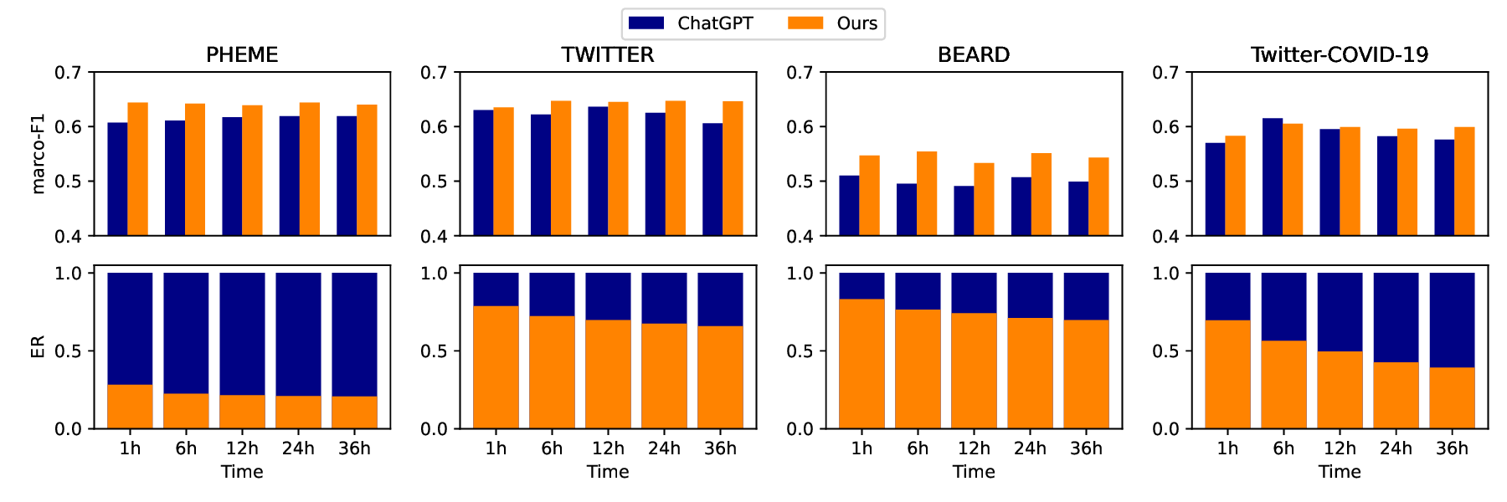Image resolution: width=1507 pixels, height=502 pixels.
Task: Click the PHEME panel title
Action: pyautogui.click(x=242, y=54)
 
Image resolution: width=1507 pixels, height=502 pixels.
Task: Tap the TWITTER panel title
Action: pyautogui.click(x=608, y=54)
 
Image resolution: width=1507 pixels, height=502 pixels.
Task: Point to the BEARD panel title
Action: pyautogui.click(x=974, y=54)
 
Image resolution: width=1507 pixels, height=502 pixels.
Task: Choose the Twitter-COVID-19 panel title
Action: pyautogui.click(x=1340, y=54)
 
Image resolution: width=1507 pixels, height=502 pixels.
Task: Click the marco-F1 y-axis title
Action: pyautogui.click(x=38, y=155)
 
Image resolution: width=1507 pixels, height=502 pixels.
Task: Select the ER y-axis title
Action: pyautogui.click(x=38, y=347)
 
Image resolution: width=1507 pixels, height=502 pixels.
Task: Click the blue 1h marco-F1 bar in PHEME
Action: pyautogui.click(x=117, y=179)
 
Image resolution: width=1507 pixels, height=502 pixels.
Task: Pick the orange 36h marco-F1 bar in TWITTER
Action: pyautogui.click(x=733, y=168)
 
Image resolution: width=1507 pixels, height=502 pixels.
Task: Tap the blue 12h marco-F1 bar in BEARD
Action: pyautogui.click(x=964, y=211)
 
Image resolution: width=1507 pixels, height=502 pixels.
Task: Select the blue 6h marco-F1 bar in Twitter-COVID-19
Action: pyautogui.click(x=1273, y=177)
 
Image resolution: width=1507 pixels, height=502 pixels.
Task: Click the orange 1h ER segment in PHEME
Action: pyautogui.click(x=130, y=407)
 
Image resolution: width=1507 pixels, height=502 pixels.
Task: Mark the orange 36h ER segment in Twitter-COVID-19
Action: pyautogui.click(x=1452, y=398)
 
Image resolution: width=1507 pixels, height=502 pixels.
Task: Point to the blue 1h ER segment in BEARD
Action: pyautogui.click(x=862, y=285)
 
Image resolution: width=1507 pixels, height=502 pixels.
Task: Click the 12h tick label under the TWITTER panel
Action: pyautogui.click(x=608, y=448)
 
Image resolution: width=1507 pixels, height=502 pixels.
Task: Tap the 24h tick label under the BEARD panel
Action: pyautogui.click(x=1030, y=448)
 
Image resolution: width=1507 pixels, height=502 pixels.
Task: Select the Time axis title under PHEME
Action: pyautogui.click(x=242, y=472)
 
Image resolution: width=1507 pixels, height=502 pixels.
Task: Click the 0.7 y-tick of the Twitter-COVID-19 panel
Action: pyautogui.click(x=1165, y=73)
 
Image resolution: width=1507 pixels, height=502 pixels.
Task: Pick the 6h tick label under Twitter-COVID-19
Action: pyautogui.click(x=1283, y=448)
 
